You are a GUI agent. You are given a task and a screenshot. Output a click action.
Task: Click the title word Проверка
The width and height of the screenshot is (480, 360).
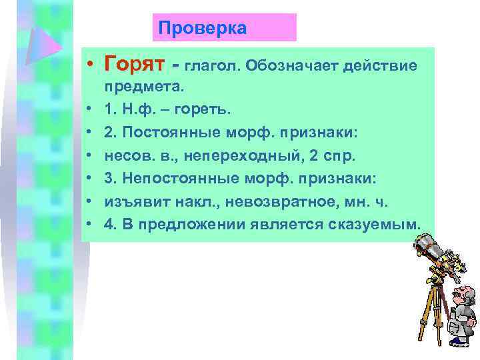click(x=202, y=29)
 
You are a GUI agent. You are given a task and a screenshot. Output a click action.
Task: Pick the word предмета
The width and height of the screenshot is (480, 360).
click(x=145, y=87)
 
